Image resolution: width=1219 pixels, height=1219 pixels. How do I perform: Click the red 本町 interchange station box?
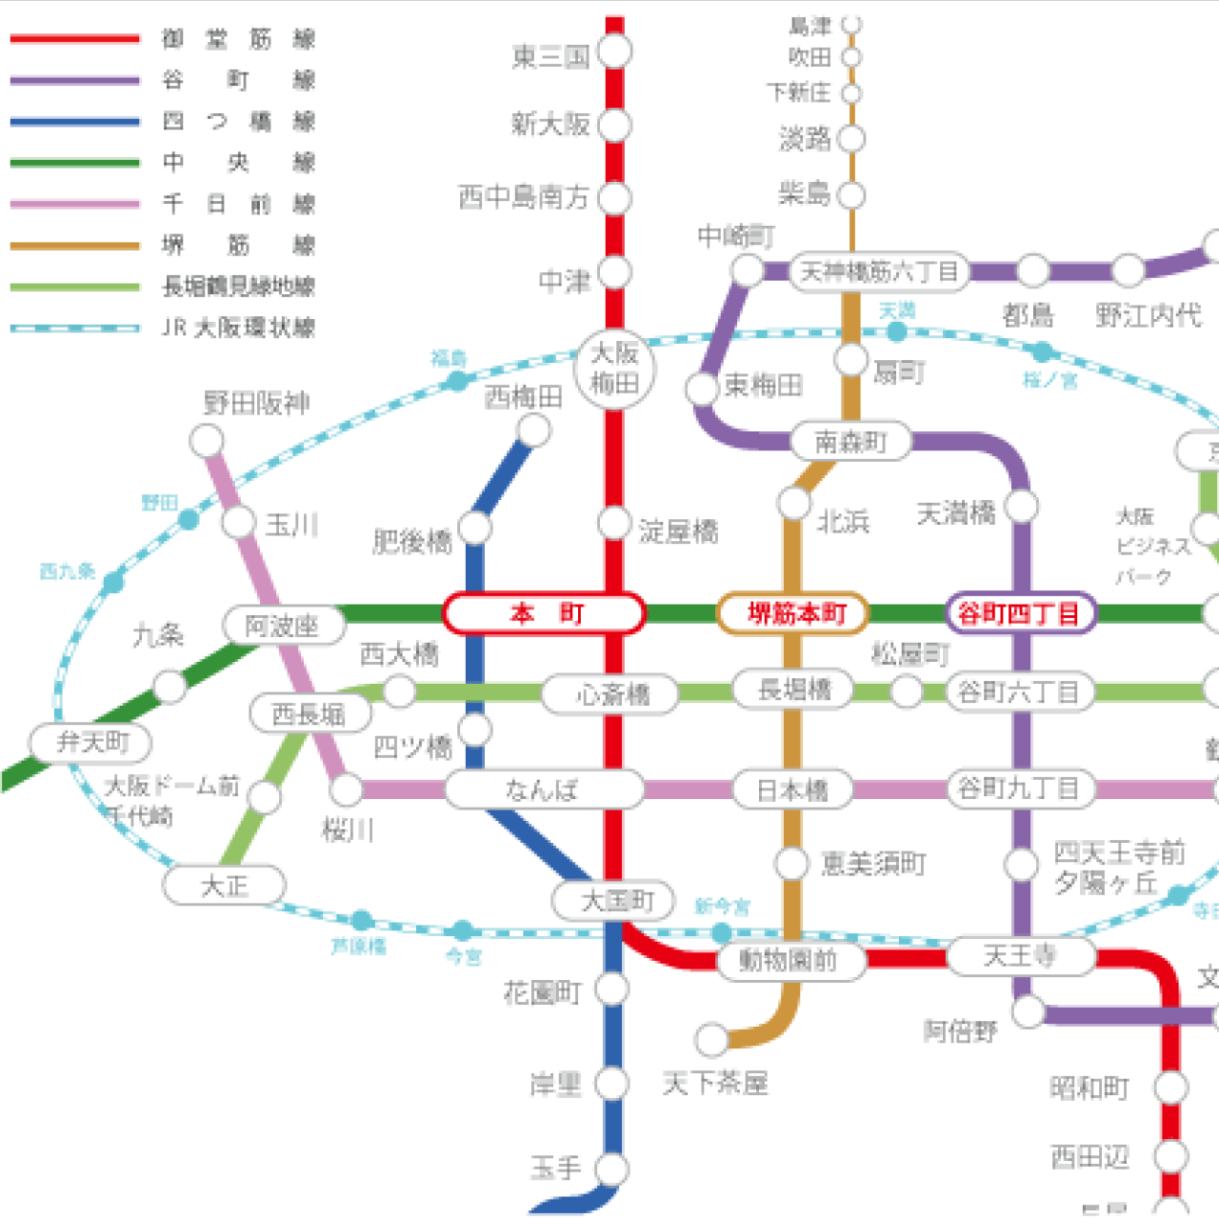[544, 613]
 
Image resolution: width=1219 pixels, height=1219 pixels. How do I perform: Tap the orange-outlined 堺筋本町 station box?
[793, 613]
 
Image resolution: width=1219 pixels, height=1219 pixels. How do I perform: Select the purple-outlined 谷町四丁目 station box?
[1020, 613]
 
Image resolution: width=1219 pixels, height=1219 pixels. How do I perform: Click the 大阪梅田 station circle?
[614, 369]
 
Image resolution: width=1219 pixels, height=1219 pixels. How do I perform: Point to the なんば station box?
[544, 789]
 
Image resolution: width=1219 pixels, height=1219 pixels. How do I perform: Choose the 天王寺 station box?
[1020, 955]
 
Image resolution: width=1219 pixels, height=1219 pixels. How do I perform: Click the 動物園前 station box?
[790, 960]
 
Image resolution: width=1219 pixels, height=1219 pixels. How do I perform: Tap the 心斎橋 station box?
[610, 693]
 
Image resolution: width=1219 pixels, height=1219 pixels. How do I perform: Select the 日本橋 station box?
[792, 789]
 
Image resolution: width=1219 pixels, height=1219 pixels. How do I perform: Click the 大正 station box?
[225, 886]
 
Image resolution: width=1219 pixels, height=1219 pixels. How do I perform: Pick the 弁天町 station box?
[91, 742]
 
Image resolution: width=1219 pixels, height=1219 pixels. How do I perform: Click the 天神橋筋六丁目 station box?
[878, 272]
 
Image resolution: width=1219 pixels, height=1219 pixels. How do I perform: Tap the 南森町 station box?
[850, 441]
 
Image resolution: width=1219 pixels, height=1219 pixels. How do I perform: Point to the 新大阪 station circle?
[615, 125]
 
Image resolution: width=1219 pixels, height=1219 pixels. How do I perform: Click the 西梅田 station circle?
[534, 430]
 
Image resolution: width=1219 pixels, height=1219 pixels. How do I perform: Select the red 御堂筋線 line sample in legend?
[75, 39]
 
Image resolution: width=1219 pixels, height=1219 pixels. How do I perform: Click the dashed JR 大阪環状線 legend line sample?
[75, 328]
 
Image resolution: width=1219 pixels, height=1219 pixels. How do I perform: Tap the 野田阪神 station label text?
[257, 403]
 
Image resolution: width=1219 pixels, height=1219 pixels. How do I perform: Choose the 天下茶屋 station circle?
[711, 1039]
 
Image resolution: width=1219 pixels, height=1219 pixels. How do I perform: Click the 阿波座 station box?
[283, 626]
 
